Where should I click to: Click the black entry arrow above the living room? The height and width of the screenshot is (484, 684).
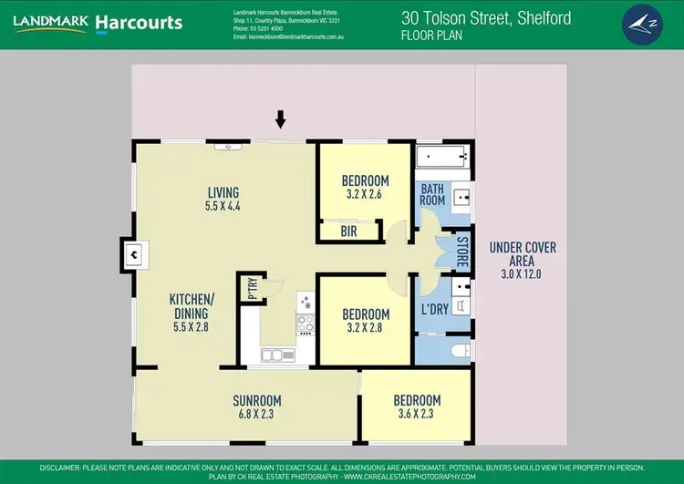click(x=281, y=118)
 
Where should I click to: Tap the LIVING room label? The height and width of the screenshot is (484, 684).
click(x=223, y=192)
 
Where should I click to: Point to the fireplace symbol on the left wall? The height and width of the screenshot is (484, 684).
click(x=133, y=255)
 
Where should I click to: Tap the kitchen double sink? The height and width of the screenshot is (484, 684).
click(x=273, y=354)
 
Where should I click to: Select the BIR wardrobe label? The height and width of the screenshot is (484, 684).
click(x=348, y=232)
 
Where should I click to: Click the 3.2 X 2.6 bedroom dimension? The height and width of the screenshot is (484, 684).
click(x=365, y=194)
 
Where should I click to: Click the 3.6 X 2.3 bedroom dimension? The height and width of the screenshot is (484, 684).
click(x=417, y=414)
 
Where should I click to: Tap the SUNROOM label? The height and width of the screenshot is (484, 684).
click(x=256, y=400)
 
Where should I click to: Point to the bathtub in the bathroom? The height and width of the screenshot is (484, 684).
click(x=444, y=158)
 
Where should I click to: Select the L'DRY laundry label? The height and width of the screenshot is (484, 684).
click(x=433, y=309)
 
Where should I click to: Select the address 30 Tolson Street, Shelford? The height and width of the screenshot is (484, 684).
click(x=488, y=16)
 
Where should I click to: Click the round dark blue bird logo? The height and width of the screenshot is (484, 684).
click(x=645, y=24)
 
